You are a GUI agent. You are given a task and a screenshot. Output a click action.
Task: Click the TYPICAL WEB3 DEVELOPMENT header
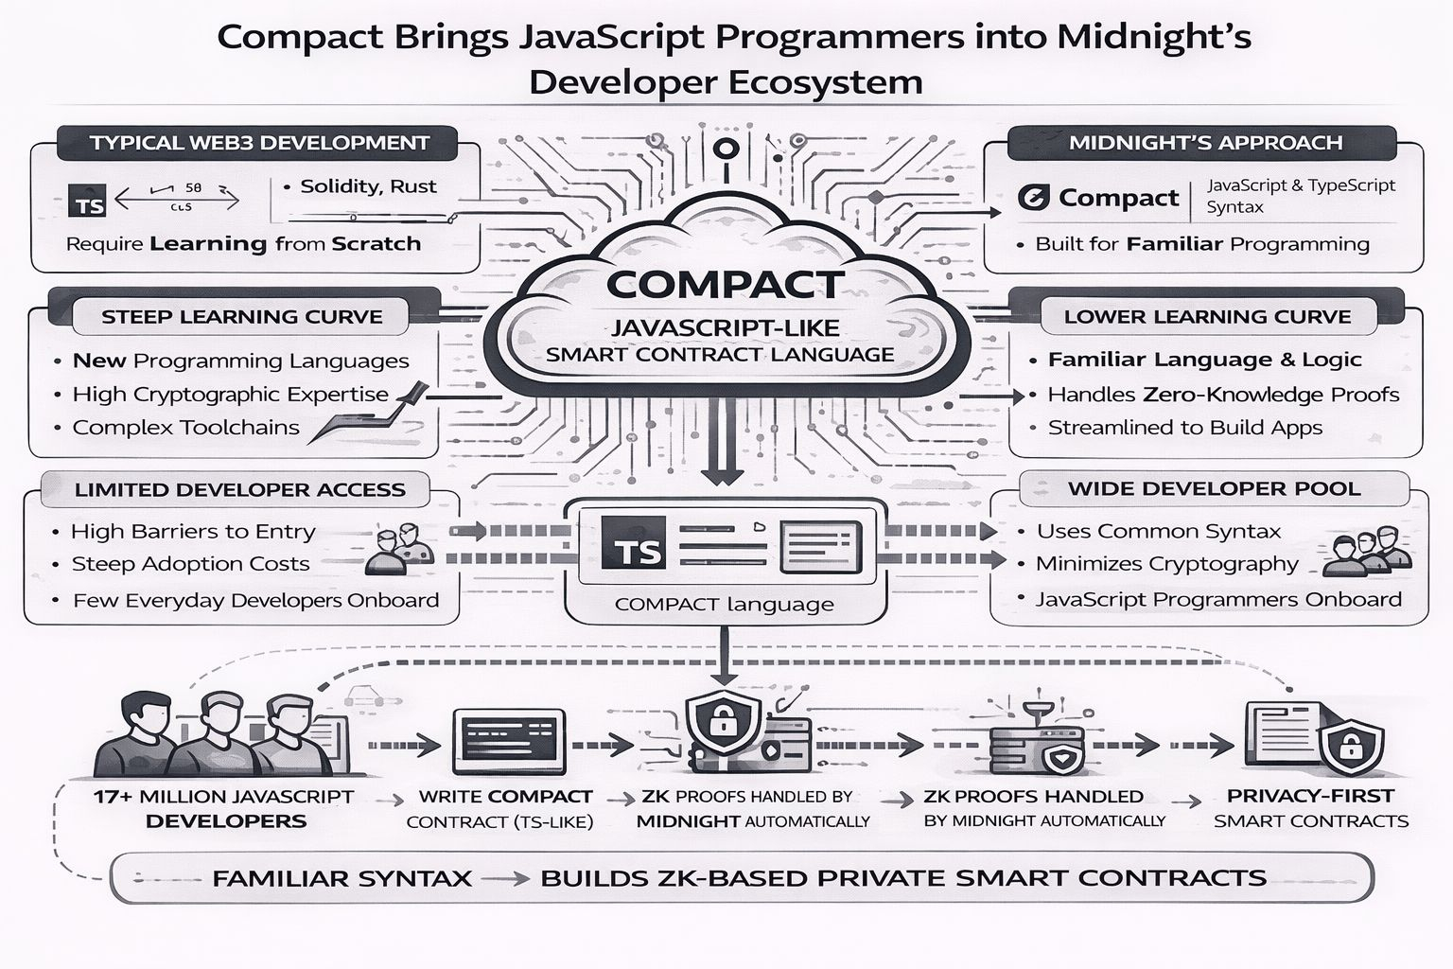click(259, 143)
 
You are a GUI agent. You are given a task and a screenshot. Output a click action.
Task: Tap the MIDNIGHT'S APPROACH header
click(1205, 143)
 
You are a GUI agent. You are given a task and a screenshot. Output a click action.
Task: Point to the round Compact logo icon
click(1033, 198)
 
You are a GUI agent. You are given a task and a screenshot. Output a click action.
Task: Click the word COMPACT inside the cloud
click(725, 285)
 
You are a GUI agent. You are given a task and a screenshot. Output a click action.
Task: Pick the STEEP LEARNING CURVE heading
click(242, 317)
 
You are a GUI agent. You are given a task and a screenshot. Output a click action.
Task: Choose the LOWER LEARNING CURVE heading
click(1207, 317)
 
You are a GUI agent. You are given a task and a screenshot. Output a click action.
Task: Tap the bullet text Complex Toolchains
click(186, 428)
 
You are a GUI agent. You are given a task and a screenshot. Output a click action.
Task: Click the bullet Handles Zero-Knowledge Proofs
click(1223, 395)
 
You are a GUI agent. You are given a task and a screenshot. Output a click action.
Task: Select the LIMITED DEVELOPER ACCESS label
click(240, 490)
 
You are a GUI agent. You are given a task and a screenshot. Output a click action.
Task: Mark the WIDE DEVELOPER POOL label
click(1214, 489)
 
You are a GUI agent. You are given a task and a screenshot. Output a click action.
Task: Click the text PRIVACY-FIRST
click(1310, 796)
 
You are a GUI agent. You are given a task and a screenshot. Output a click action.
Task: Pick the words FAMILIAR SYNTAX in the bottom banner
click(342, 878)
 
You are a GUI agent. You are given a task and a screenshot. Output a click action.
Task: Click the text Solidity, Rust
click(368, 186)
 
